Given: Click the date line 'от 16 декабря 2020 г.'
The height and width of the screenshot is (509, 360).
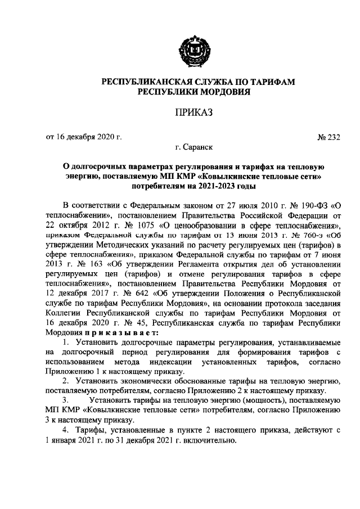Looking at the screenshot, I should tap(83, 136).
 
